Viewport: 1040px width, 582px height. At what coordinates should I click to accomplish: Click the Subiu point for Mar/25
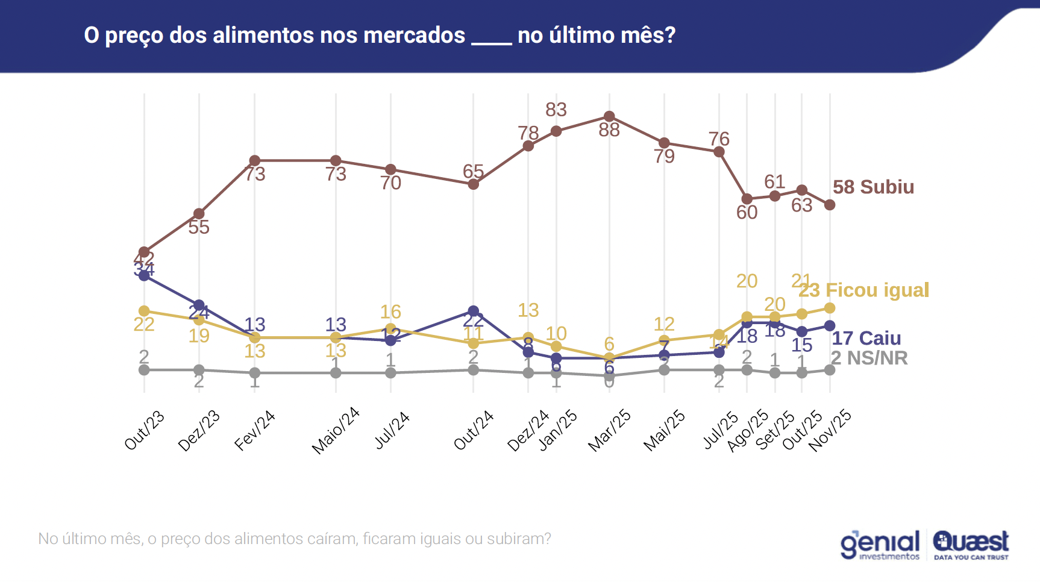(609, 116)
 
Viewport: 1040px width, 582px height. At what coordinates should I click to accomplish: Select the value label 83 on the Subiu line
(556, 110)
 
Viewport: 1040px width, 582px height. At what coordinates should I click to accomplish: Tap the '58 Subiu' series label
(873, 187)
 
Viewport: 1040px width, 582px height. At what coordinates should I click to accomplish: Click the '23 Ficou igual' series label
(864, 290)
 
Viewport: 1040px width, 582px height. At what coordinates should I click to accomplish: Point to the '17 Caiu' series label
(866, 338)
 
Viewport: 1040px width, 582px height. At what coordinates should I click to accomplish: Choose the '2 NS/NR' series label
(869, 358)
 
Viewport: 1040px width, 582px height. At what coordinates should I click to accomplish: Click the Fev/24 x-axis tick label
(255, 430)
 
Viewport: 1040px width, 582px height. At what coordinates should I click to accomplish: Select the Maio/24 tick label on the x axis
(336, 430)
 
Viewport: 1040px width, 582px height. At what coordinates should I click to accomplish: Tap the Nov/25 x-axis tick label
(830, 430)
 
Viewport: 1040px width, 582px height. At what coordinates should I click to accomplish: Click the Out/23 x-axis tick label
(145, 430)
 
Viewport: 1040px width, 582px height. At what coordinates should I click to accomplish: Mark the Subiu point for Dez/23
(199, 214)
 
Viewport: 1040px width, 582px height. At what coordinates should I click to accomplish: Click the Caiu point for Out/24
(474, 311)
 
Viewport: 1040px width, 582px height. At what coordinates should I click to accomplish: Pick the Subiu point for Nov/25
(830, 205)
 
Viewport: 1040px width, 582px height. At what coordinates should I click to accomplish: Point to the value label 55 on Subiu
(199, 228)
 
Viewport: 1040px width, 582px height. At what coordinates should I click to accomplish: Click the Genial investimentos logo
(880, 545)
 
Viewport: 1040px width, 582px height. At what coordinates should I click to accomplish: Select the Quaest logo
(971, 545)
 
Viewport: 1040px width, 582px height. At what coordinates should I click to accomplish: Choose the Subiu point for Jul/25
(719, 152)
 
